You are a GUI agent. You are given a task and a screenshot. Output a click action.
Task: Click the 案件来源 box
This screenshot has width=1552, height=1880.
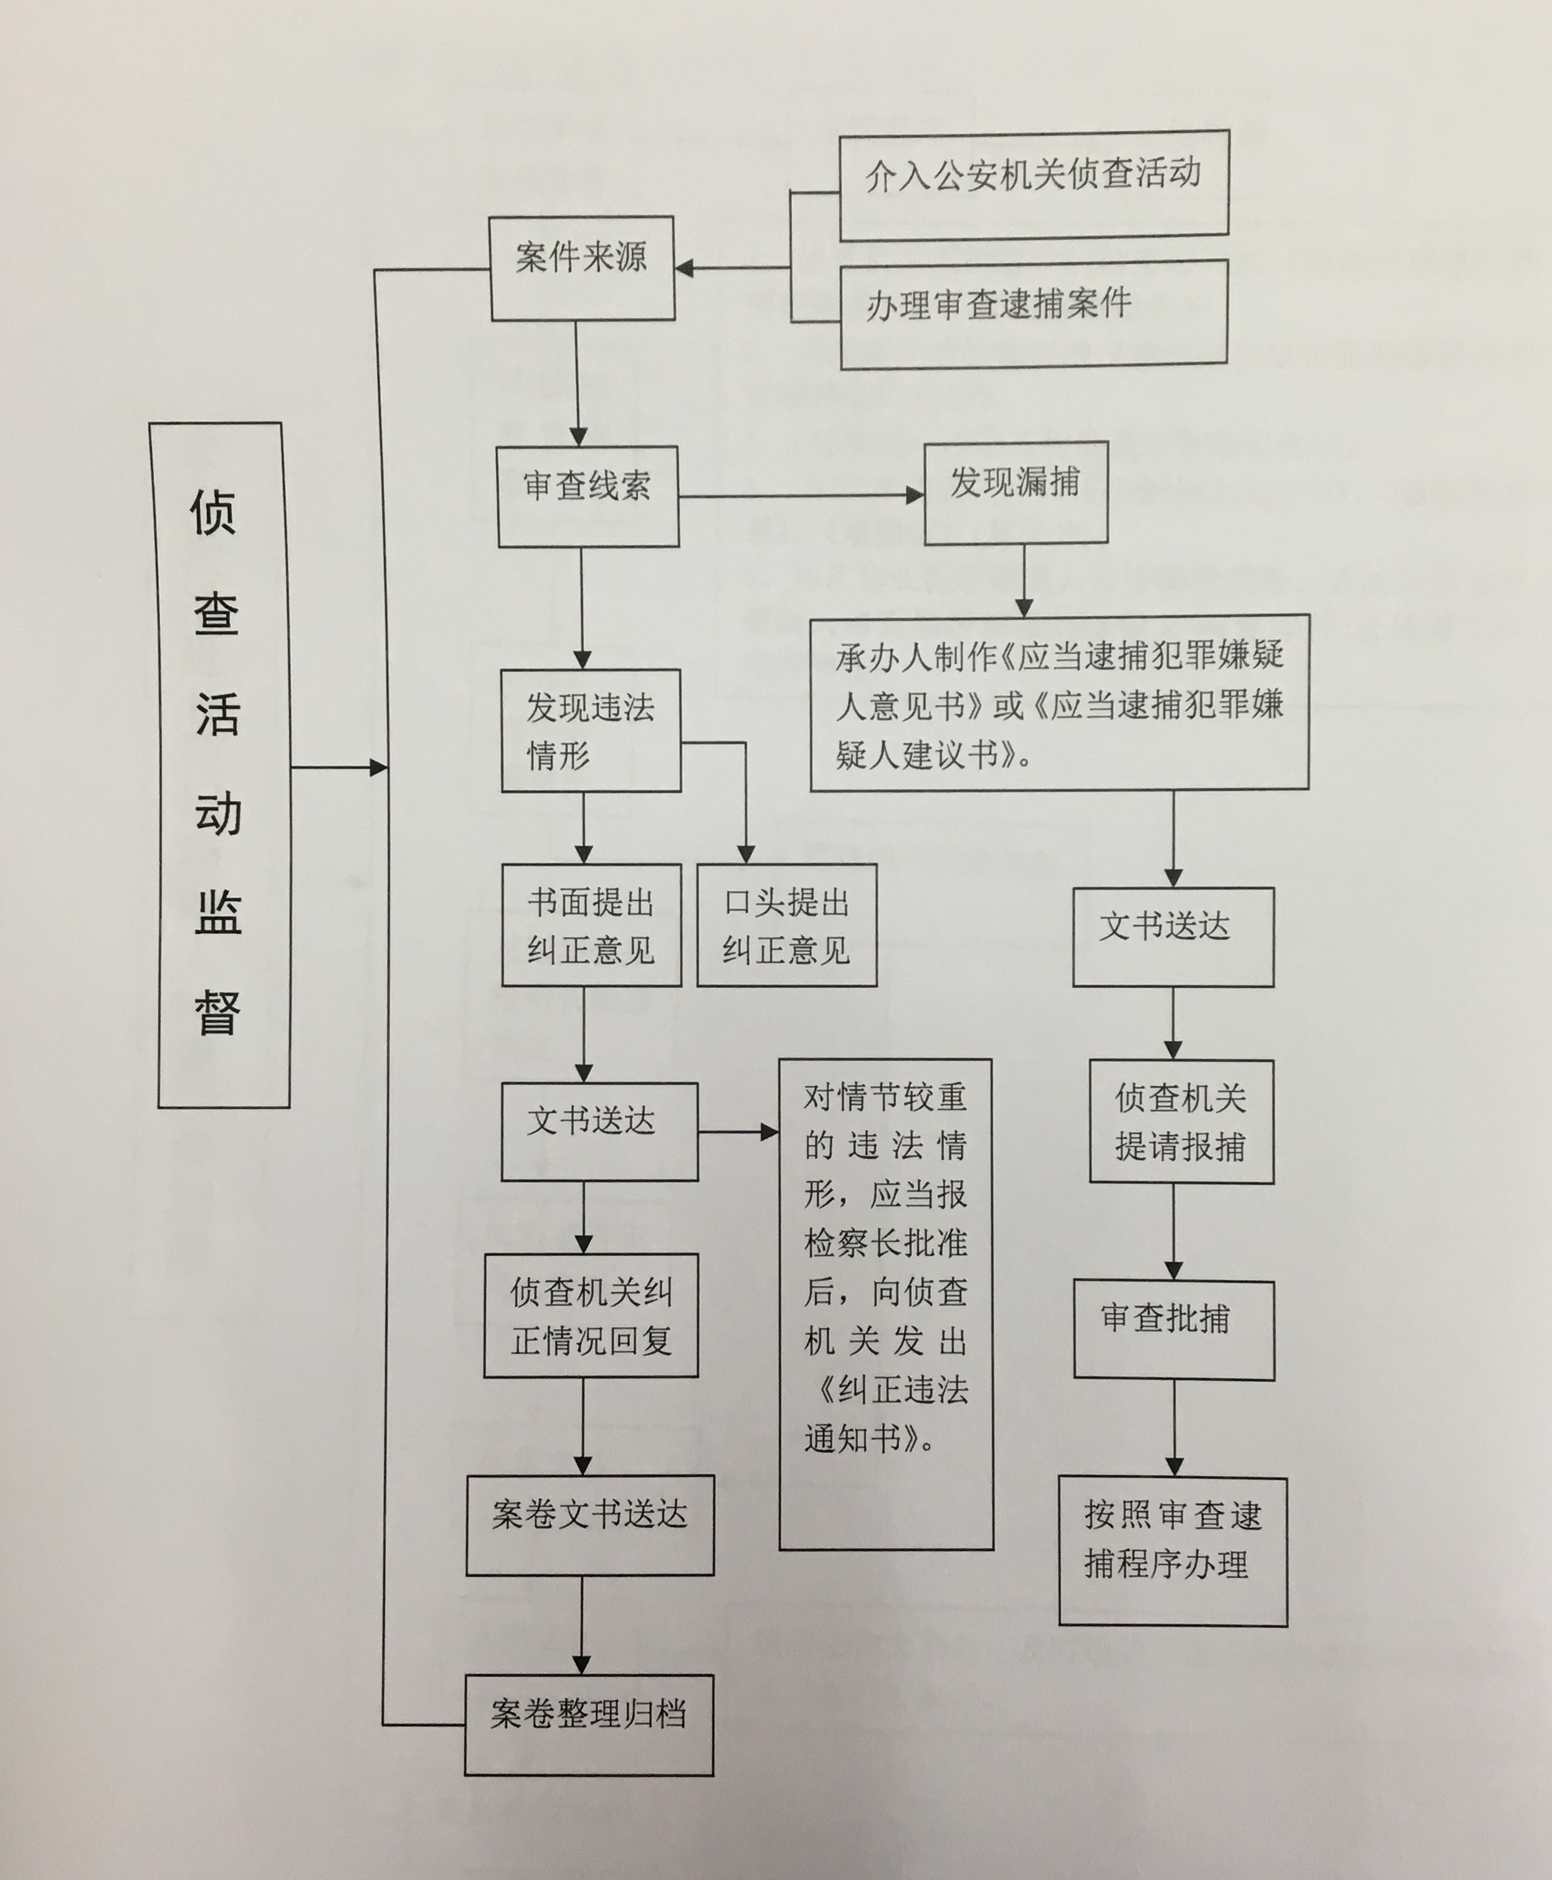(x=582, y=267)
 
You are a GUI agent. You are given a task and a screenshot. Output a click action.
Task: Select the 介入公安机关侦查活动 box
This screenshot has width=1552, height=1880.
(x=1034, y=185)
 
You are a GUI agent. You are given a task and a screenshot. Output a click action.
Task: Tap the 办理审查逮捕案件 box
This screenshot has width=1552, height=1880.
(x=1034, y=314)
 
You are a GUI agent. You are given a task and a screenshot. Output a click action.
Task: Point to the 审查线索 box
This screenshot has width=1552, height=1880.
(x=588, y=497)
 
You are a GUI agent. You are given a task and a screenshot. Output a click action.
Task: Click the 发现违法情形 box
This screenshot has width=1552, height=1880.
(x=590, y=730)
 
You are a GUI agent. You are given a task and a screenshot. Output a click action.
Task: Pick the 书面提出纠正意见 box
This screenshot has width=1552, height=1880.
(x=591, y=924)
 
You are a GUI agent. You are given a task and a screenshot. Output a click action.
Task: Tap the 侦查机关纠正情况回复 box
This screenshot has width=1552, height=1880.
(x=591, y=1315)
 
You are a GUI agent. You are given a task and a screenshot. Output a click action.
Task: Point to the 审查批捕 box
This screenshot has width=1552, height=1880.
(x=1173, y=1329)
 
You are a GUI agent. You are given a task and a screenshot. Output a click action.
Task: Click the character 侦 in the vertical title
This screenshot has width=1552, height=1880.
(x=213, y=512)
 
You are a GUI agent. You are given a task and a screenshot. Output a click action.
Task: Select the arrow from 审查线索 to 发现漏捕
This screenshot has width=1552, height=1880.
(x=800, y=495)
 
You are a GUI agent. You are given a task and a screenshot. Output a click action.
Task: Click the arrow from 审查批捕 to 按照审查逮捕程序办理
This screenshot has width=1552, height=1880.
(x=1174, y=1428)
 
